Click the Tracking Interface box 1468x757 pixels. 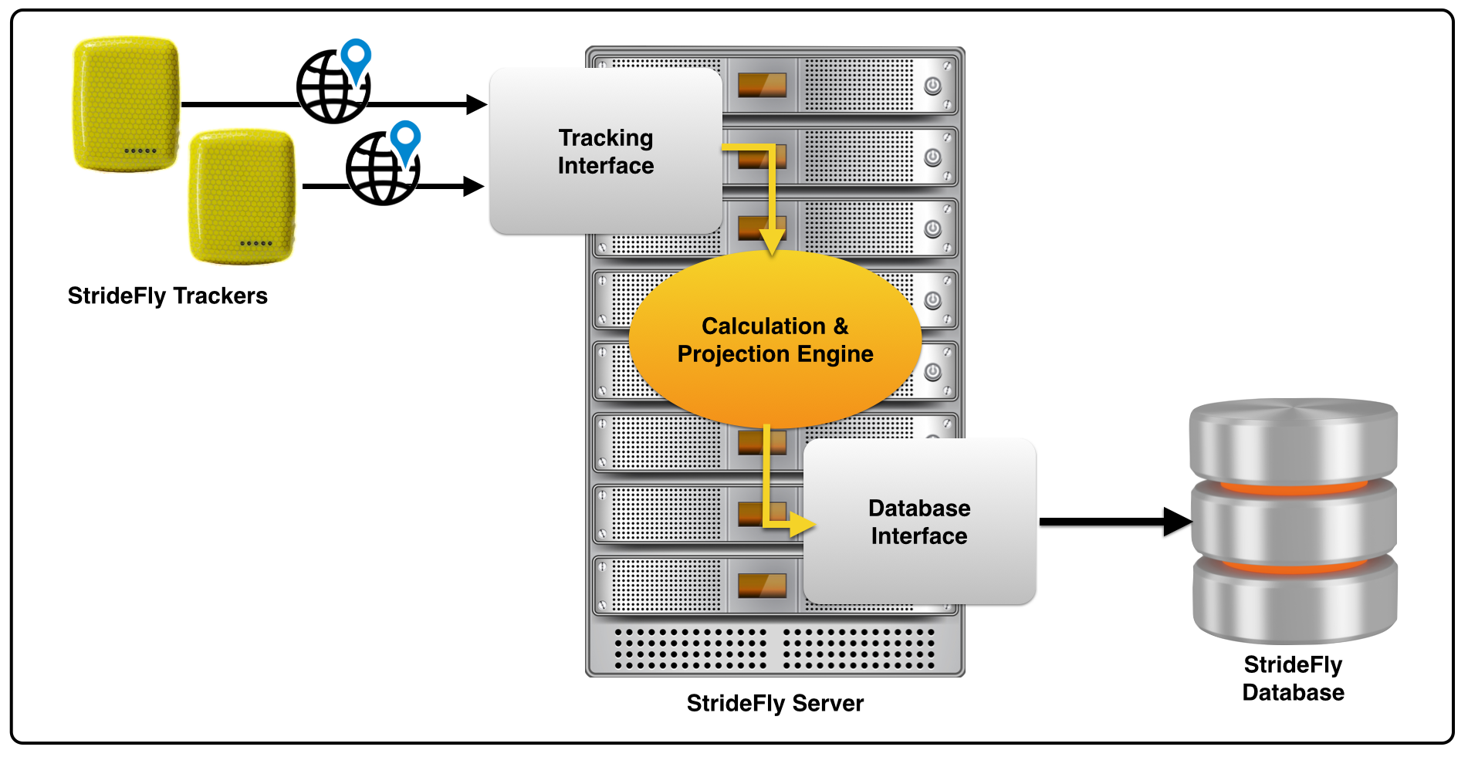(606, 151)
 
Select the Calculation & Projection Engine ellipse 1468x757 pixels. (775, 340)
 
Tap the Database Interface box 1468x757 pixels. (919, 522)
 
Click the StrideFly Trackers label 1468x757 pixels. (167, 296)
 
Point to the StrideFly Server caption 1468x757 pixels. (775, 703)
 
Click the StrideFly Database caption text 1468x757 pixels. (1293, 678)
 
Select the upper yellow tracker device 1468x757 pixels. (127, 103)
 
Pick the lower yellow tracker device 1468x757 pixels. (242, 197)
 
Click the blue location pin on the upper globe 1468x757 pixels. (356, 57)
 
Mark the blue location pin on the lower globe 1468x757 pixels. (405, 139)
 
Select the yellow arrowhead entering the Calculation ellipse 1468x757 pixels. (771, 242)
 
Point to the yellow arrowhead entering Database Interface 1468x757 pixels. (803, 526)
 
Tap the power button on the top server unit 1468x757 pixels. (932, 86)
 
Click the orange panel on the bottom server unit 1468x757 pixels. (762, 586)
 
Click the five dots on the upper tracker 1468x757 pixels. (140, 151)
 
